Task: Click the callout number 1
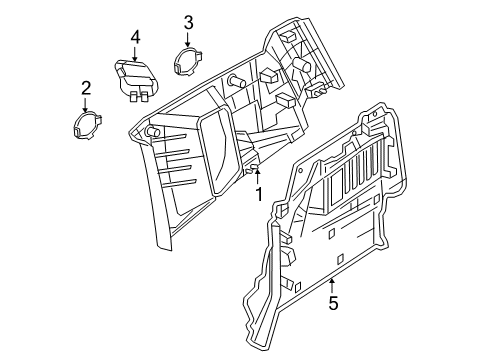[258, 194]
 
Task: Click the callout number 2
[86, 87]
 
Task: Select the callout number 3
[189, 23]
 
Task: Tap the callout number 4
[134, 37]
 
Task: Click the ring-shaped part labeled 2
[86, 124]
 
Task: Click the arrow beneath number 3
[189, 40]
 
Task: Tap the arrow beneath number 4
[134, 54]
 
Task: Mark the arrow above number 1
[258, 177]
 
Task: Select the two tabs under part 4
[139, 97]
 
